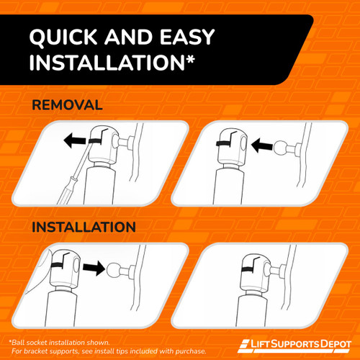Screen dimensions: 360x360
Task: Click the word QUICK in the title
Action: (63, 37)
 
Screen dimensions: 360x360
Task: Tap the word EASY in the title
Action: (187, 37)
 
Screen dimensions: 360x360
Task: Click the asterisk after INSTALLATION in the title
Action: (190, 59)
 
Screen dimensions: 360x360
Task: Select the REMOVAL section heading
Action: (67, 105)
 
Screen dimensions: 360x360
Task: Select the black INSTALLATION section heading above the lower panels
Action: (84, 227)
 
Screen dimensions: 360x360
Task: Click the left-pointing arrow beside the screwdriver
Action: (75, 140)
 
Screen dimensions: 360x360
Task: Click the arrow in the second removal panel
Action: (262, 145)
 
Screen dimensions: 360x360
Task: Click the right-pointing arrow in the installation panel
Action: (94, 268)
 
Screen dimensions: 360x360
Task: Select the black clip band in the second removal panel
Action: (223, 143)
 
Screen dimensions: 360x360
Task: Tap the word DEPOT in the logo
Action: (336, 344)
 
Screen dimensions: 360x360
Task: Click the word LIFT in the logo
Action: (260, 344)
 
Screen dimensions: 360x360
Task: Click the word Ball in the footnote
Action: (19, 343)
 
